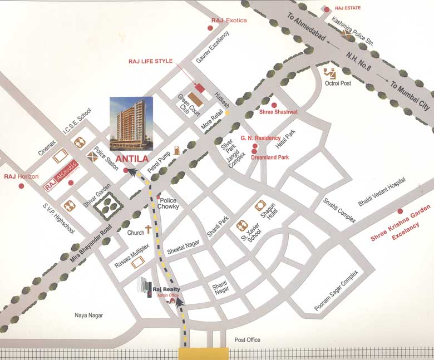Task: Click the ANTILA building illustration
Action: [131, 124]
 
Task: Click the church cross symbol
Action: [149, 229]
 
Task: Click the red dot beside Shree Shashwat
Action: [274, 105]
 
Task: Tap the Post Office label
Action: [247, 340]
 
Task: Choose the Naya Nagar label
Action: [89, 315]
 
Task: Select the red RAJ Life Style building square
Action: [199, 88]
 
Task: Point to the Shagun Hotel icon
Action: [260, 205]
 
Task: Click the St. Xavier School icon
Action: [242, 226]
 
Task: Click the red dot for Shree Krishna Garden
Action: [400, 211]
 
